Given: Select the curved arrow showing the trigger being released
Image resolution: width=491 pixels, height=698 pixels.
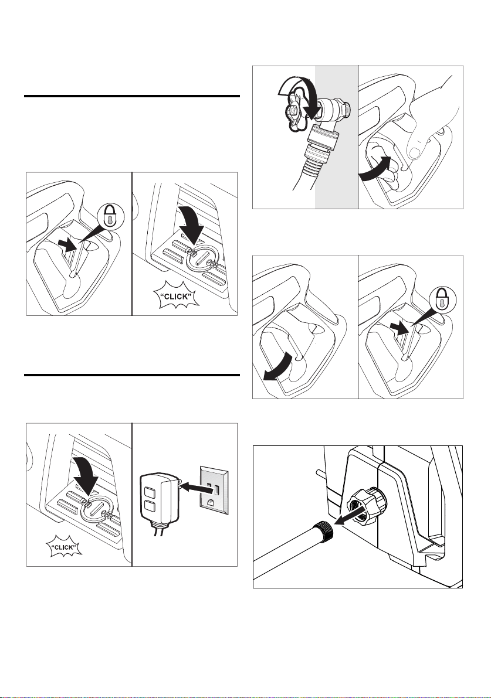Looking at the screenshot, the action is (x=279, y=366).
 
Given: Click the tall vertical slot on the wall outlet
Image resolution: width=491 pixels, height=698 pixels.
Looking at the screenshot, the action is (x=217, y=490).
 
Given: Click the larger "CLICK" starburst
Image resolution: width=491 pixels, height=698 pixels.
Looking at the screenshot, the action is (x=177, y=295).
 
